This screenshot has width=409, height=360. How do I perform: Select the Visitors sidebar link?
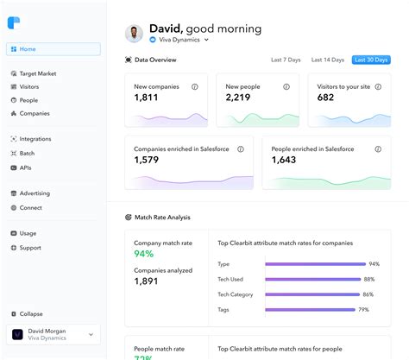[x=30, y=87]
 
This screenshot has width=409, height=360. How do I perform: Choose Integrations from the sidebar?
[x=35, y=139]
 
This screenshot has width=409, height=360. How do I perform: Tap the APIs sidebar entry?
[x=27, y=167]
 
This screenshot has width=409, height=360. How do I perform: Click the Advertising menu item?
[x=35, y=193]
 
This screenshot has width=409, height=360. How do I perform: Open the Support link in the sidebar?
[x=30, y=248]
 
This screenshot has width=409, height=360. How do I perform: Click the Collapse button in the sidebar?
[x=31, y=313]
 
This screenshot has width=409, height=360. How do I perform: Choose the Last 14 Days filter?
[x=328, y=60]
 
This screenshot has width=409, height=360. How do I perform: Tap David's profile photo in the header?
[x=135, y=34]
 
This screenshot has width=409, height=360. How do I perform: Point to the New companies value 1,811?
[x=147, y=98]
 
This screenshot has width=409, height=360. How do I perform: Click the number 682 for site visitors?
[x=325, y=98]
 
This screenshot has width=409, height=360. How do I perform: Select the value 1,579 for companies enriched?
[x=147, y=161]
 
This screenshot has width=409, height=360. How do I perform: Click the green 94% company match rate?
[x=143, y=255]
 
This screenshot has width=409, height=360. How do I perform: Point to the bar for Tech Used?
[x=312, y=280]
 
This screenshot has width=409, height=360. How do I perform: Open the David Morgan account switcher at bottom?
[x=53, y=335]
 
